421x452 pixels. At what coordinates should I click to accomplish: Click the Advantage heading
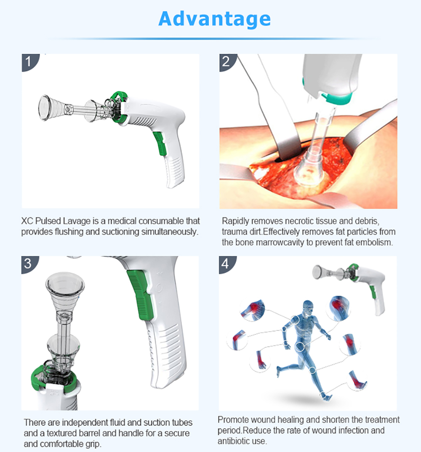[214, 19]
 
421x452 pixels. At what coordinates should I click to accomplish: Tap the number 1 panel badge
[29, 62]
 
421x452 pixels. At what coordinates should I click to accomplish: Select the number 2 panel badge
[226, 62]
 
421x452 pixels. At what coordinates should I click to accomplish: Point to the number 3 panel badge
[28, 264]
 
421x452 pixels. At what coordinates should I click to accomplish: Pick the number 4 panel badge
[226, 264]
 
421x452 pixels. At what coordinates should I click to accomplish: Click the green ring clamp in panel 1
[119, 107]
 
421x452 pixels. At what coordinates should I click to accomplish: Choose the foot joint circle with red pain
[357, 380]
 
